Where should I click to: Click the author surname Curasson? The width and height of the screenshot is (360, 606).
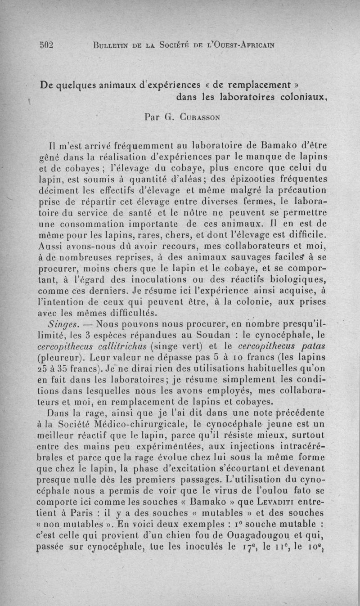coord(198,117)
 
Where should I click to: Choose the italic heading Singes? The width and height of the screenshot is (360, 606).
coord(64,324)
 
